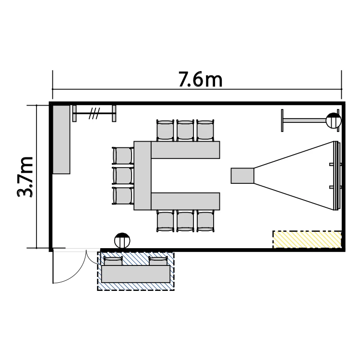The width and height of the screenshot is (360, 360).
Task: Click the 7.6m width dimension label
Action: (x=200, y=79)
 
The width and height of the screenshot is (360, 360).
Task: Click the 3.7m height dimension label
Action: (x=25, y=177)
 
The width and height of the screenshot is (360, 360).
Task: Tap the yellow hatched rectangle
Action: (x=307, y=240)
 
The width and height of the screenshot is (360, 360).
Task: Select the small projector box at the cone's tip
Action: (x=242, y=176)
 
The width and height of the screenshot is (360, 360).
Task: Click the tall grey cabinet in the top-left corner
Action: (x=61, y=139)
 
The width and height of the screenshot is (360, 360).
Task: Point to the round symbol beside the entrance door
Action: (x=122, y=240)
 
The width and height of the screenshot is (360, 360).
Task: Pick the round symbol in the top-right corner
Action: (x=334, y=120)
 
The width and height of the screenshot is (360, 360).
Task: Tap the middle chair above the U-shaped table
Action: (x=185, y=130)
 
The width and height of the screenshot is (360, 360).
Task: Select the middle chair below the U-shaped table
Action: (x=185, y=221)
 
